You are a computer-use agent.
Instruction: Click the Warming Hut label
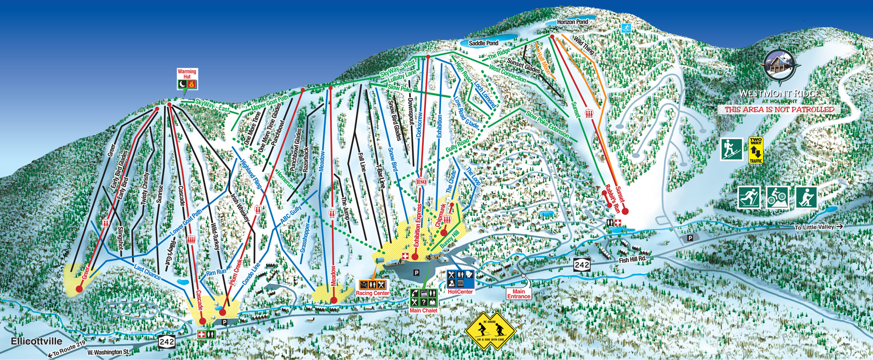(x=187, y=74)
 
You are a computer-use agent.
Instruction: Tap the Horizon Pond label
(x=572, y=22)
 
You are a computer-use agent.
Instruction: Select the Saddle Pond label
(x=483, y=43)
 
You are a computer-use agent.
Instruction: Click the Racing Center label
(x=372, y=293)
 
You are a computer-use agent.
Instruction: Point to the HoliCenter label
(x=460, y=291)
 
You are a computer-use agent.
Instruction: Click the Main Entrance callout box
(x=518, y=294)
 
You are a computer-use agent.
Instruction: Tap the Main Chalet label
(x=423, y=310)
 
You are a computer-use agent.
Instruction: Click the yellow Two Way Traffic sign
(x=755, y=150)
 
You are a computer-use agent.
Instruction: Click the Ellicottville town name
(x=36, y=341)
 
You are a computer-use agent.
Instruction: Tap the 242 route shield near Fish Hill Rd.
(x=582, y=265)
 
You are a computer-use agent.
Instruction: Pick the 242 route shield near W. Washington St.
(x=167, y=342)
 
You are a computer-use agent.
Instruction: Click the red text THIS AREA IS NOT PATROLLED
(x=779, y=109)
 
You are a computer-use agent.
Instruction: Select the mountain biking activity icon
(x=777, y=197)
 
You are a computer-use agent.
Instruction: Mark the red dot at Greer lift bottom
(x=79, y=289)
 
